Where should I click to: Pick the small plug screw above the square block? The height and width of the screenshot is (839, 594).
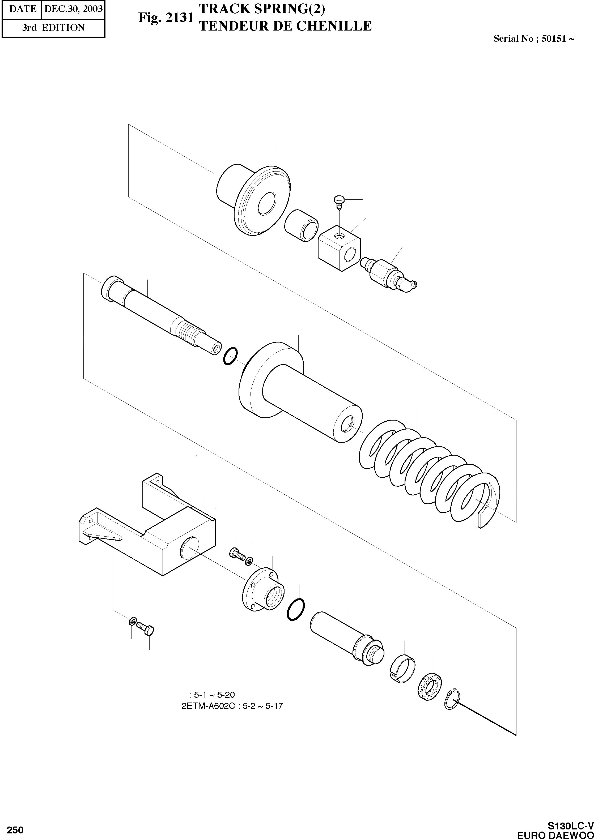338,202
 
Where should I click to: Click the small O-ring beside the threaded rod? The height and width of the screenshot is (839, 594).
230,356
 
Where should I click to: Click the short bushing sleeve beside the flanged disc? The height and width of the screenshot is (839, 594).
301,225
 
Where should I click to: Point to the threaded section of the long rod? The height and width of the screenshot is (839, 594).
188,325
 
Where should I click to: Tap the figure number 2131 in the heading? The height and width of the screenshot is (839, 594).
180,18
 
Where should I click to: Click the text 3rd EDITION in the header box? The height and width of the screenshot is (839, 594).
53,28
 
